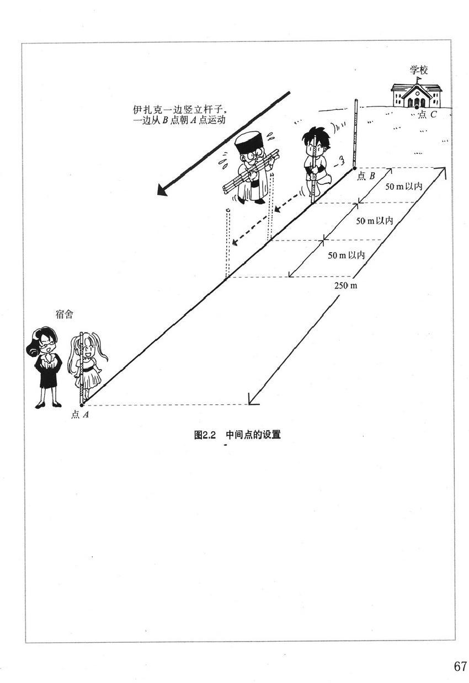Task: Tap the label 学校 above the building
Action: tap(419, 70)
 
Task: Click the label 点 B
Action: tap(366, 176)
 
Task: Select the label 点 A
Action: tap(80, 414)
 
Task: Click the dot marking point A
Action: tap(82, 405)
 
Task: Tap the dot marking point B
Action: tap(354, 168)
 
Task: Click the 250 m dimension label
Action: tap(346, 285)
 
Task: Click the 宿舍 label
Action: tap(65, 315)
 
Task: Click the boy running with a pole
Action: tap(315, 160)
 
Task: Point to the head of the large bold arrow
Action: tap(162, 190)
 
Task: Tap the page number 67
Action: tap(461, 666)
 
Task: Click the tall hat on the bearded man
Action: tap(246, 143)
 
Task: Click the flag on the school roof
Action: tap(418, 79)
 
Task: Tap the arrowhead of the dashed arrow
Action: tap(234, 242)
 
